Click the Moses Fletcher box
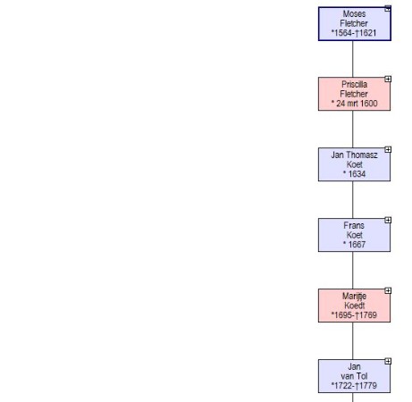(355, 24)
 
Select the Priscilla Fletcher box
(354, 94)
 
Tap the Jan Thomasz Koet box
(354, 164)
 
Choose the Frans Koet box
(354, 235)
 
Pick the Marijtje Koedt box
(354, 306)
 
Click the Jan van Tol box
(354, 376)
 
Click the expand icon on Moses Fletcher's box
(388, 8)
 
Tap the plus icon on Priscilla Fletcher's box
(388, 79)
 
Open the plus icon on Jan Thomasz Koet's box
(388, 149)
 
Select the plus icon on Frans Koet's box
(388, 220)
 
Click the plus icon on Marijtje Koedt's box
(388, 290)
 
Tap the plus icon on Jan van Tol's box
(388, 361)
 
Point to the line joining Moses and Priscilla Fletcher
(353, 59)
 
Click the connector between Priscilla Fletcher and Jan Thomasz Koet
(353, 130)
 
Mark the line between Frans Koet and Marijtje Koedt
(353, 271)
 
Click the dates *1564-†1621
(354, 33)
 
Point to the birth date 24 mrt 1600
(357, 104)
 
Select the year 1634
(357, 174)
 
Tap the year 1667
(357, 245)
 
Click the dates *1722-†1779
(354, 386)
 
